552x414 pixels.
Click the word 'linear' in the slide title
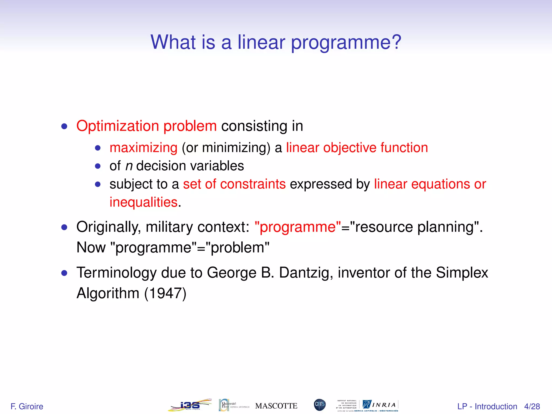261,42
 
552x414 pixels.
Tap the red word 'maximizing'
143,148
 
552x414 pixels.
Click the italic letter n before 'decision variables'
129,166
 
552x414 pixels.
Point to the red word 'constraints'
253,184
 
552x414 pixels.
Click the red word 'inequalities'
143,202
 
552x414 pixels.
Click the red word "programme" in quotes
298,227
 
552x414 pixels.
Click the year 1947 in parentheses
165,293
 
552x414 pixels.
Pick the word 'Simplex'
462,272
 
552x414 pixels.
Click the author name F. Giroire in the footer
27,406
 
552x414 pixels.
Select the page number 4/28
532,406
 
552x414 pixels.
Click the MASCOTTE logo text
276,406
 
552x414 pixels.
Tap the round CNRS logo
320,405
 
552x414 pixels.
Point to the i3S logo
190,405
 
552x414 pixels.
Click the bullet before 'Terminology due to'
64,273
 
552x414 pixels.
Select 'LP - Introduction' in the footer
487,406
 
